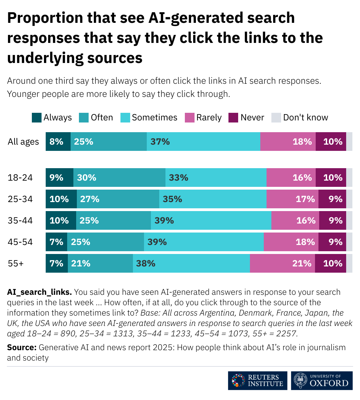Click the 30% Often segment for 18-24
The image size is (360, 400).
click(119, 178)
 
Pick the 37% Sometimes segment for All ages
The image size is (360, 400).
click(203, 142)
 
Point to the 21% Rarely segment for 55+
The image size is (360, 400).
click(282, 263)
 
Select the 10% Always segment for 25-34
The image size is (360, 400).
click(61, 199)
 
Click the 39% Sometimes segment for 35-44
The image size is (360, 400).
click(211, 220)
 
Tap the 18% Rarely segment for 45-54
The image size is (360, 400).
click(291, 242)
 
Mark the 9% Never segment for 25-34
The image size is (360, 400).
click(332, 199)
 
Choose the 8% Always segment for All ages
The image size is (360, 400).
click(58, 142)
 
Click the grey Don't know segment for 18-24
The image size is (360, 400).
click(349, 178)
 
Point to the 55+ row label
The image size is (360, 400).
click(16, 263)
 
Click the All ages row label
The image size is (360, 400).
click(23, 142)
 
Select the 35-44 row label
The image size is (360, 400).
click(20, 220)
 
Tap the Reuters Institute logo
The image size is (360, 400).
click(258, 381)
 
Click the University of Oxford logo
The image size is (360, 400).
click(322, 381)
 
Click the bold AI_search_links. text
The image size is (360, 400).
click(39, 292)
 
